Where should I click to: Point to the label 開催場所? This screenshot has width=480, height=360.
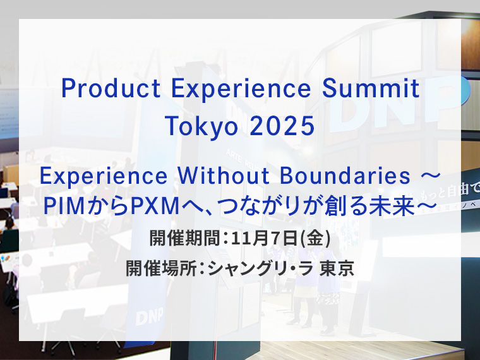[149, 268]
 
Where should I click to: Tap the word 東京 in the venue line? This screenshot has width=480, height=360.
[337, 268]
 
